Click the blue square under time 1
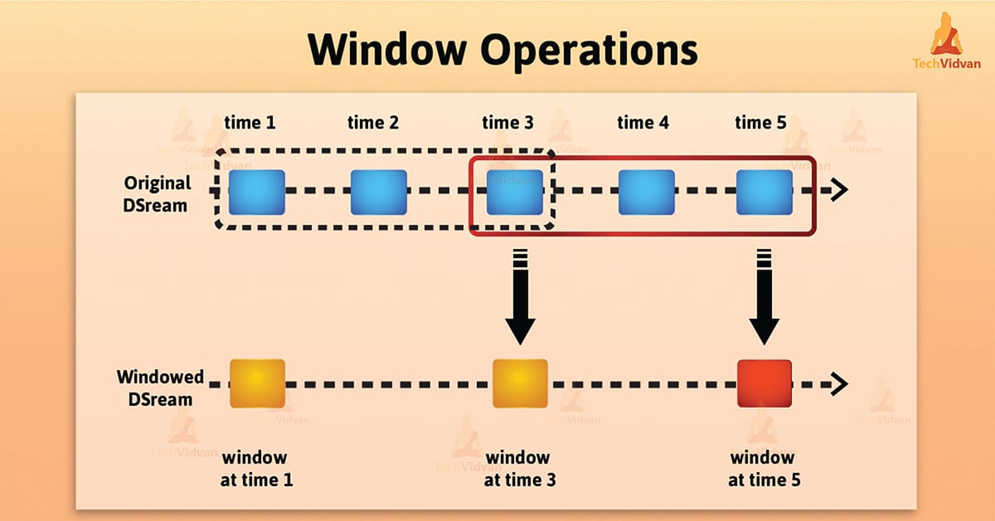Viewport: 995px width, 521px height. (x=258, y=192)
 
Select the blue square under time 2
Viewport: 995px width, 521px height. (x=379, y=192)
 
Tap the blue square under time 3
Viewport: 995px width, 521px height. (x=514, y=192)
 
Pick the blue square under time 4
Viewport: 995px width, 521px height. (x=645, y=192)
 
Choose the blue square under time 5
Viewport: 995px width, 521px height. (x=764, y=192)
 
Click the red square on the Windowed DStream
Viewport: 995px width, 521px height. (x=764, y=383)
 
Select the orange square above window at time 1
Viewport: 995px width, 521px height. (x=258, y=383)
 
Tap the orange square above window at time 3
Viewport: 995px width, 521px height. (x=520, y=383)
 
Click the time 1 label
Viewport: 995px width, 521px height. (x=250, y=123)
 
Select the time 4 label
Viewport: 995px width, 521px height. (x=643, y=123)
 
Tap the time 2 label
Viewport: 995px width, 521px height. (x=373, y=123)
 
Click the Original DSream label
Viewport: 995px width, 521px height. (x=158, y=192)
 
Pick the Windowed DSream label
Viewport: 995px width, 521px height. (x=160, y=387)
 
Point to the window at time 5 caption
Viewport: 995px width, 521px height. (x=762, y=469)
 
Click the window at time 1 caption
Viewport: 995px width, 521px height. (x=255, y=469)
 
